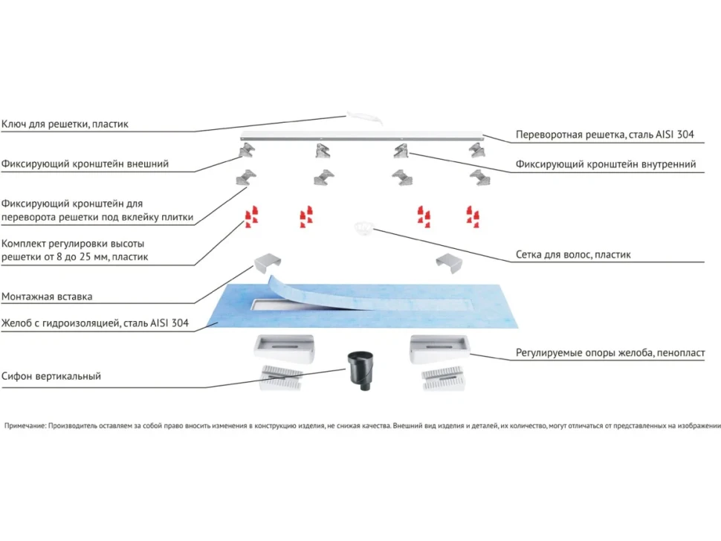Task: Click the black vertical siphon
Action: click(360, 370)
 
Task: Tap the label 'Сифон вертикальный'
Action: click(51, 376)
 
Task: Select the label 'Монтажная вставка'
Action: click(47, 297)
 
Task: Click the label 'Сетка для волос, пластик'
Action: click(573, 255)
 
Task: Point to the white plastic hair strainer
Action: click(363, 227)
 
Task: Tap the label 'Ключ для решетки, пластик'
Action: click(65, 124)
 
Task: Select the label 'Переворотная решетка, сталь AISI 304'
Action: click(604, 135)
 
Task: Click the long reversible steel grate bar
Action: click(362, 136)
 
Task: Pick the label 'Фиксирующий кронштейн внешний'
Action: click(85, 163)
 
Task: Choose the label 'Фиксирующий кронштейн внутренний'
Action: click(606, 164)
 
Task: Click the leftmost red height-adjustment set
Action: click(251, 216)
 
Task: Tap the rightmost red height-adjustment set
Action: click(473, 216)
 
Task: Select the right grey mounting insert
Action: click(449, 262)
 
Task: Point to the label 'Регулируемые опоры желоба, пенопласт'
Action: click(610, 353)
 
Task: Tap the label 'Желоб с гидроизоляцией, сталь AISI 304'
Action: click(95, 323)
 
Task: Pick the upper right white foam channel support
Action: click(440, 349)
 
